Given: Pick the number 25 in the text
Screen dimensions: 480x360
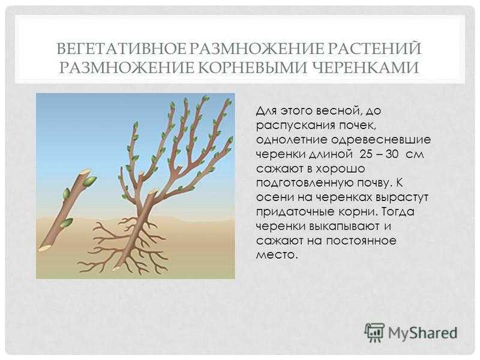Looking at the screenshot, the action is (x=367, y=154).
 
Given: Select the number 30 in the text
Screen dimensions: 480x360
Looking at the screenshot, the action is (x=392, y=154).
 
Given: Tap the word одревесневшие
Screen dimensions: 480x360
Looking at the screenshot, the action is (x=381, y=140).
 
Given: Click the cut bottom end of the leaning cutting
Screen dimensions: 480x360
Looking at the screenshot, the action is (x=44, y=248).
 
